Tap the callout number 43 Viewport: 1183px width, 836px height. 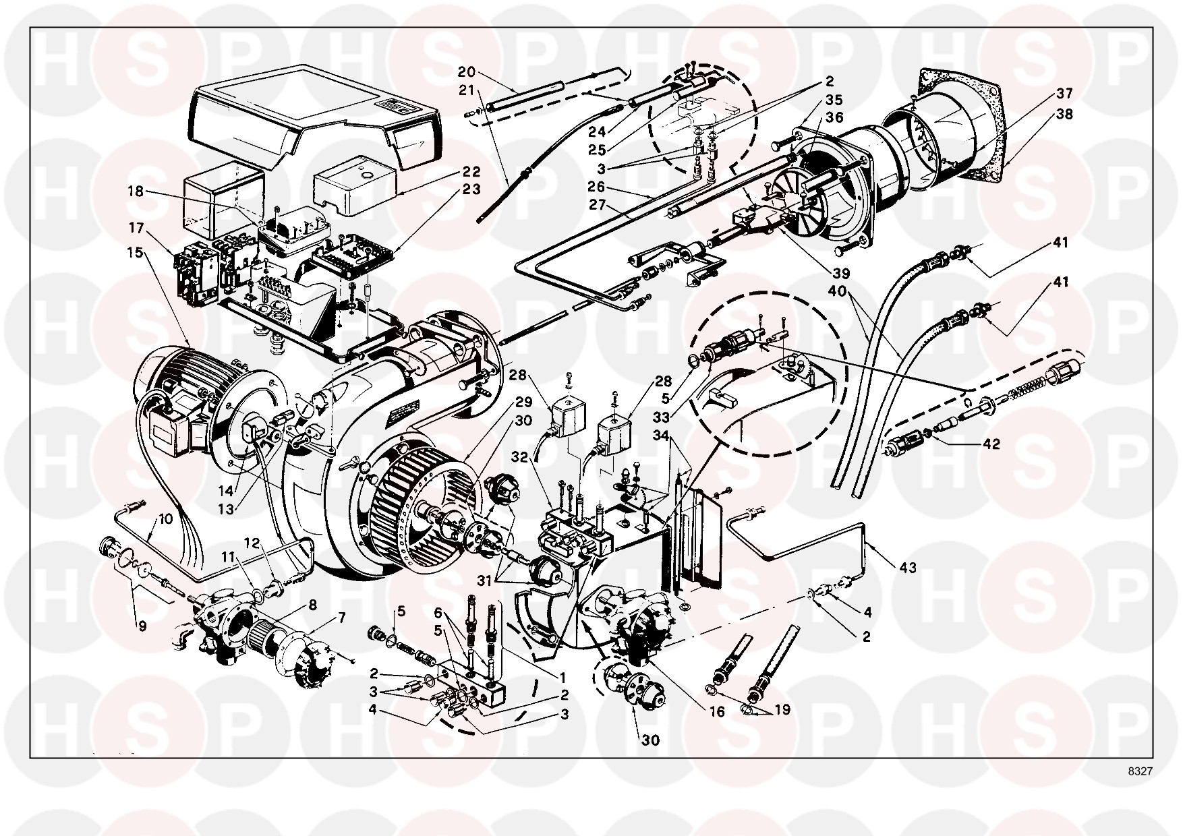[908, 568]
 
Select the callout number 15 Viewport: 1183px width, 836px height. [136, 252]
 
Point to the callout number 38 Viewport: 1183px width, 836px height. [1064, 115]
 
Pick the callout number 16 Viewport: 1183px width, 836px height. [718, 712]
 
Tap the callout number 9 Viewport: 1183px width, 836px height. [142, 626]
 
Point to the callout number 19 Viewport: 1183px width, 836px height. [782, 709]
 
